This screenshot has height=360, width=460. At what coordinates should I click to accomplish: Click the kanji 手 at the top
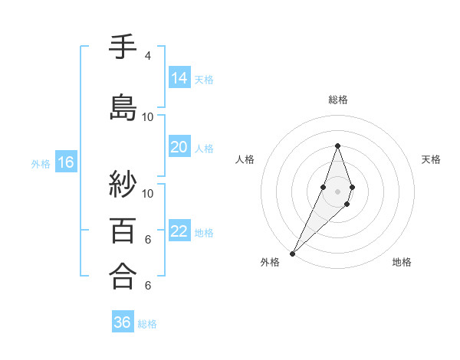pos(123,48)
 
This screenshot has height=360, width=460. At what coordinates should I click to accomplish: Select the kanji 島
pos(123,106)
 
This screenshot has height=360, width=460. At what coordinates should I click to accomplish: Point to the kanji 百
pos(123,230)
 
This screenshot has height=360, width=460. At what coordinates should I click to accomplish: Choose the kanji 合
pos(123,275)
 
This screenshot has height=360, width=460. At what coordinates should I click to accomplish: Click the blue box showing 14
pos(179,78)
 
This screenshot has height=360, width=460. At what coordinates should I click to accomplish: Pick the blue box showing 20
pos(179,147)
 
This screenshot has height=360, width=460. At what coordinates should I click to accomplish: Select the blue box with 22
pos(179,231)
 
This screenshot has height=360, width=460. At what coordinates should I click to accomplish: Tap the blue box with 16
pos(65,162)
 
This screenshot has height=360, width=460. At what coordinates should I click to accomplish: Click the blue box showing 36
pos(123,322)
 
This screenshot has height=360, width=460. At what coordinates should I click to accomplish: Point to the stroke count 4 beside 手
pos(148,56)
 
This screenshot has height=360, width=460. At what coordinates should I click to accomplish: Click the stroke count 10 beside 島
pos(148,117)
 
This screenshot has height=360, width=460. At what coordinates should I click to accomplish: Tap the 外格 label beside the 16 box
pos(41,163)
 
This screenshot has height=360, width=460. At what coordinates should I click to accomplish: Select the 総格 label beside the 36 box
pos(147,323)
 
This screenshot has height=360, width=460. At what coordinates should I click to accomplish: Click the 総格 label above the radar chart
pos(337,100)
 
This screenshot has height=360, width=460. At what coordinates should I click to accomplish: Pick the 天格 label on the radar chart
pos(431,159)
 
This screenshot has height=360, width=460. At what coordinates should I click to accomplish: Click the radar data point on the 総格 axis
pos(337,146)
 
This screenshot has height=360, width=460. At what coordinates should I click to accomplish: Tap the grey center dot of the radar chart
pos(337,191)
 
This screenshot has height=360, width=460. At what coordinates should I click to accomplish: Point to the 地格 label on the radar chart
pos(402,262)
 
